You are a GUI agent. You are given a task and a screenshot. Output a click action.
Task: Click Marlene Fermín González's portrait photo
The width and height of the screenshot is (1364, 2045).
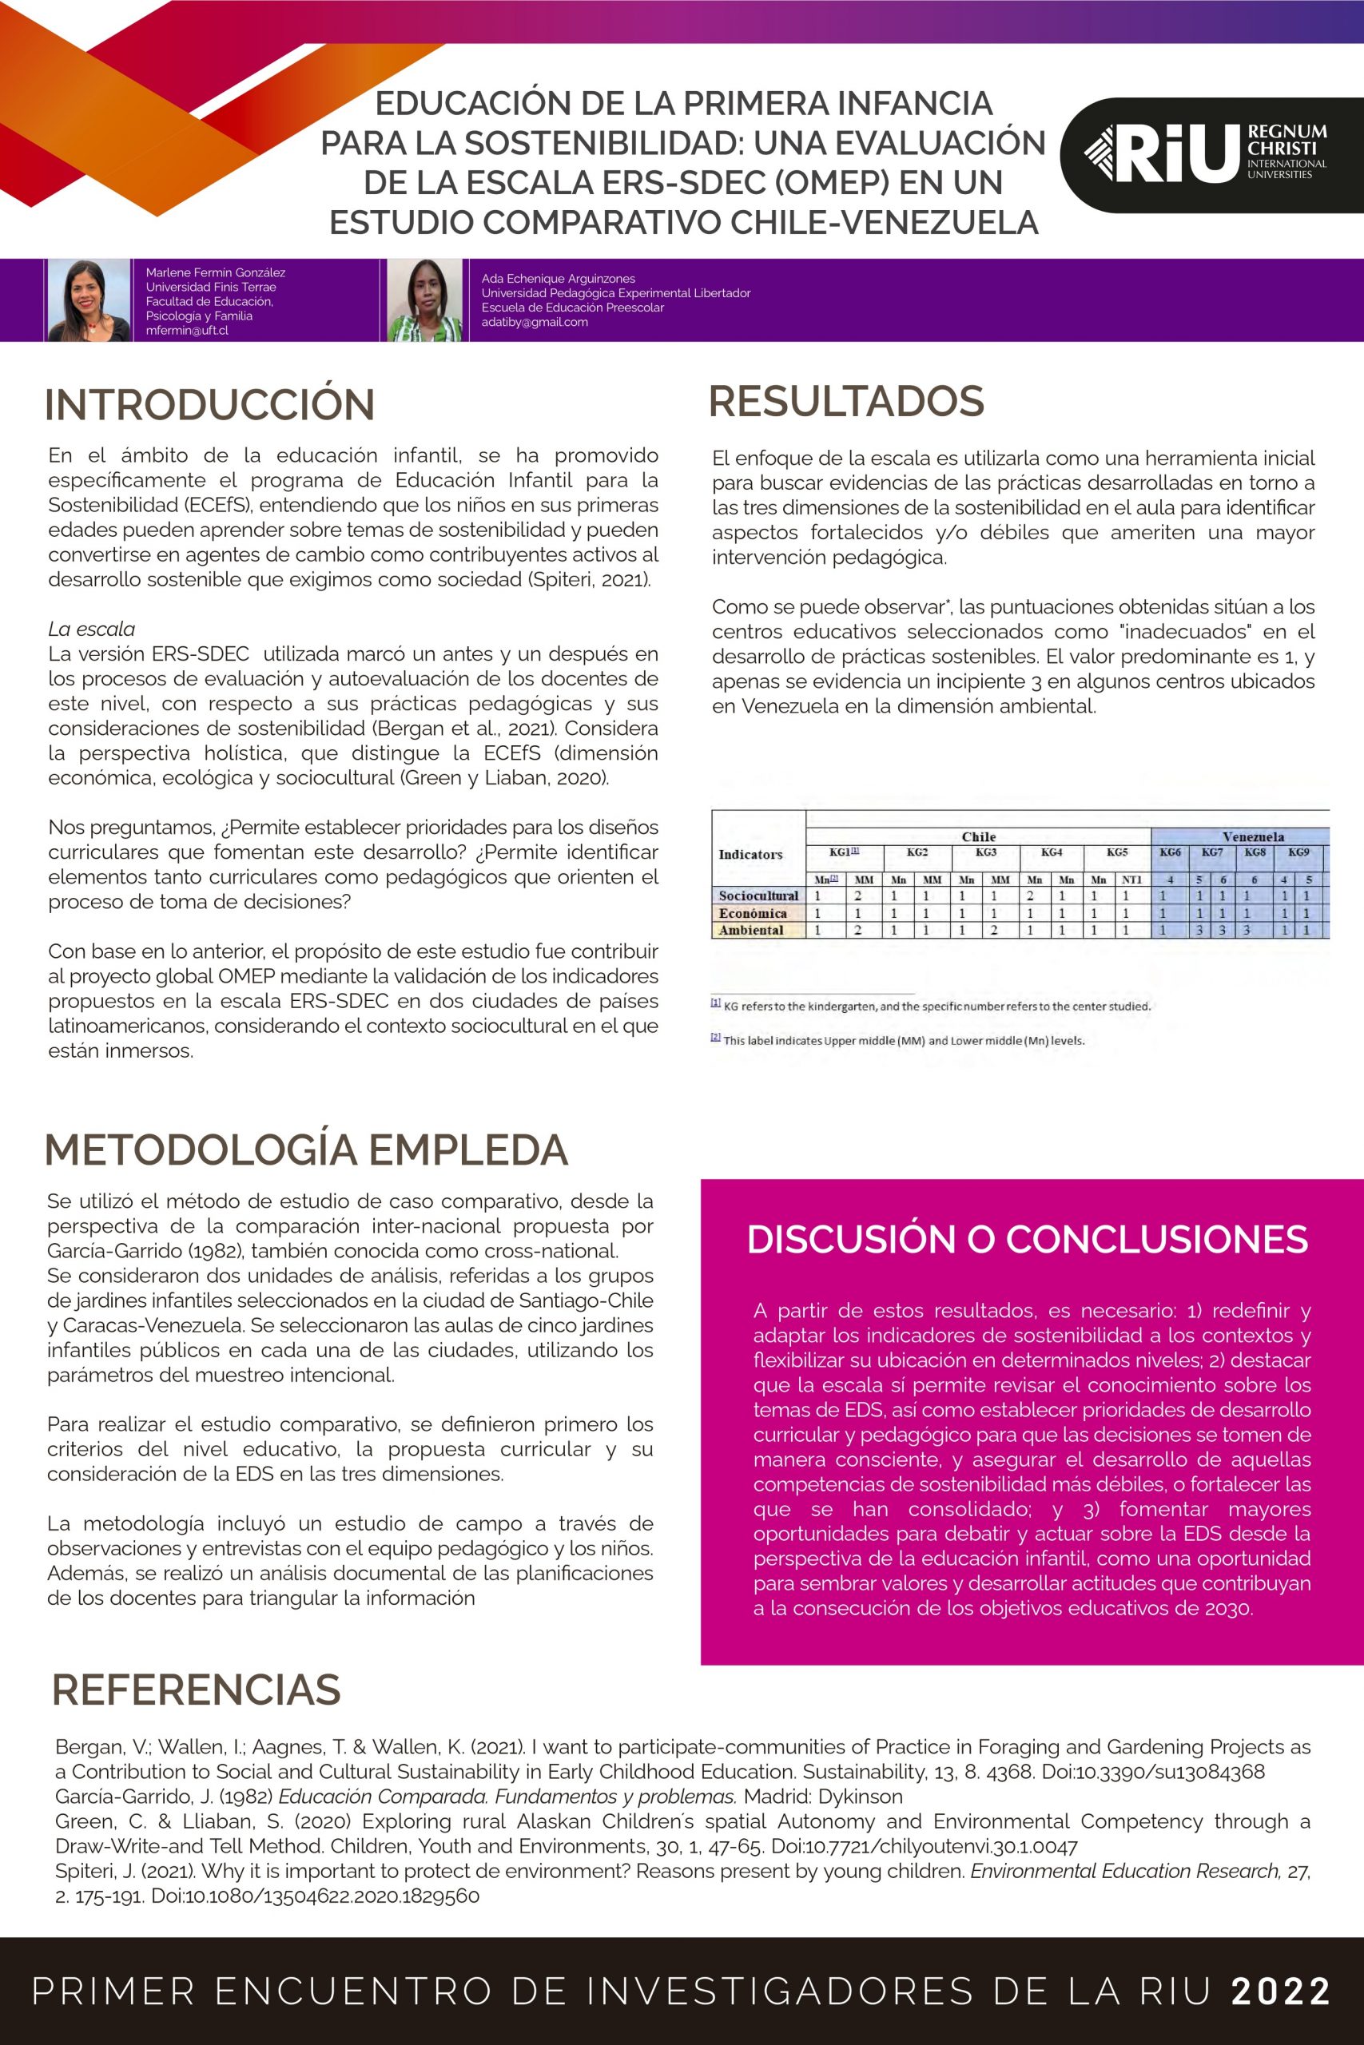click(x=89, y=300)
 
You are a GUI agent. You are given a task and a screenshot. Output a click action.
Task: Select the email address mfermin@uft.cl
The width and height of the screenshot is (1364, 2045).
click(x=187, y=331)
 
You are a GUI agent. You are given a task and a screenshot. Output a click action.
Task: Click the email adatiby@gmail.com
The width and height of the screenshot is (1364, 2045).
click(x=534, y=322)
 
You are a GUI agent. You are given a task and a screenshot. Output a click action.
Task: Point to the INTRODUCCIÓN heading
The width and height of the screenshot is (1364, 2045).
click(x=209, y=405)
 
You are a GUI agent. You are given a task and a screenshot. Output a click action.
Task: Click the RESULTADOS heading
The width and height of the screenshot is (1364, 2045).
click(x=845, y=401)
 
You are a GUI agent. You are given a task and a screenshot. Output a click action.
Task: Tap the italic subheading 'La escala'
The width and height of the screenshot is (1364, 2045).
click(x=91, y=629)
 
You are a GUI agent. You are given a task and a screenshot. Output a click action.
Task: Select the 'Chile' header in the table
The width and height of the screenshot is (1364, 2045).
click(x=978, y=836)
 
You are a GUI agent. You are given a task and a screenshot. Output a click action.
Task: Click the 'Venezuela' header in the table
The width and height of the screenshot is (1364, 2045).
click(x=1253, y=836)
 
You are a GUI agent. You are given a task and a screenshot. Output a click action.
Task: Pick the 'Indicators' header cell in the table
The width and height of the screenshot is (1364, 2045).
click(x=750, y=855)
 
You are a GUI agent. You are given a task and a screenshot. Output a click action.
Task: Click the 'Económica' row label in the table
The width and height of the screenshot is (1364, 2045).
click(x=753, y=913)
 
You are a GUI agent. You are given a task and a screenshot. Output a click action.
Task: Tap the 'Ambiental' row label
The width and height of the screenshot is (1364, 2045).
click(x=751, y=931)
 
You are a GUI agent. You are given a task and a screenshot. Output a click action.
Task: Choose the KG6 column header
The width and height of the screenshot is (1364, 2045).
click(x=1170, y=852)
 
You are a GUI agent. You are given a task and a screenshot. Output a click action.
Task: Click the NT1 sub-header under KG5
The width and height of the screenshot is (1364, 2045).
click(x=1131, y=880)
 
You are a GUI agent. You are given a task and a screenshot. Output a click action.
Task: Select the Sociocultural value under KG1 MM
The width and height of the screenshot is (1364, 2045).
click(x=857, y=895)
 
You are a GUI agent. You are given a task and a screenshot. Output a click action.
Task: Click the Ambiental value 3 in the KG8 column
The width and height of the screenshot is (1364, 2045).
click(x=1247, y=931)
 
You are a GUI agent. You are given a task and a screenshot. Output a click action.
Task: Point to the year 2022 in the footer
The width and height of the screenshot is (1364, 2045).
click(x=1280, y=1991)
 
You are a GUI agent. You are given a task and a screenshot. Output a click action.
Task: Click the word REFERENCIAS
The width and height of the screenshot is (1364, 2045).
click(x=196, y=1690)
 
